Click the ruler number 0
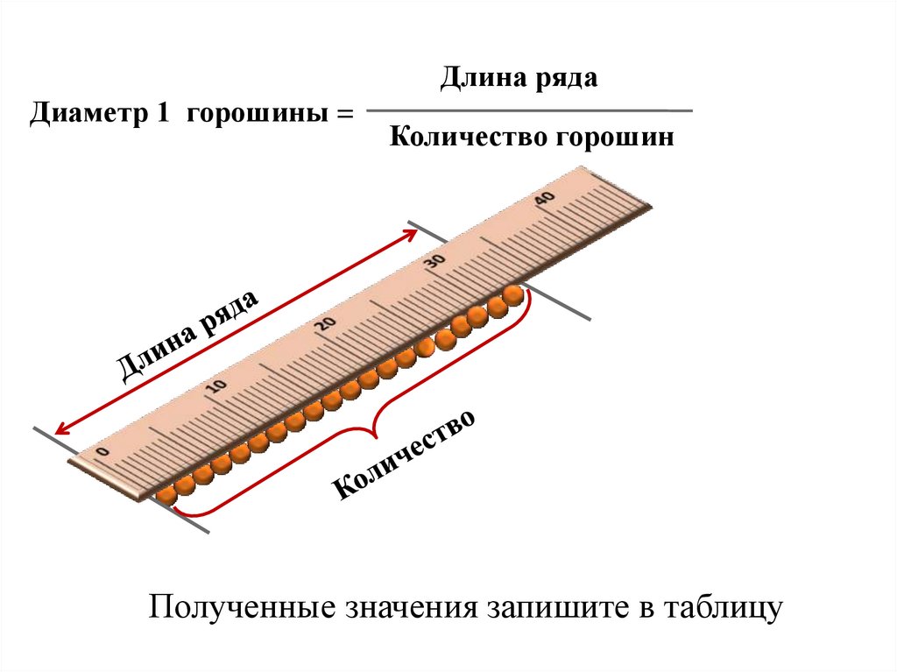point(102,451)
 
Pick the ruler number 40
point(543,198)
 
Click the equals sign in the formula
point(343,115)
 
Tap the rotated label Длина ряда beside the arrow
point(189,335)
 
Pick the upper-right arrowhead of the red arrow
point(412,231)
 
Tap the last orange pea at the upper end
point(514,295)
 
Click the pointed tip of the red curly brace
point(374,431)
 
